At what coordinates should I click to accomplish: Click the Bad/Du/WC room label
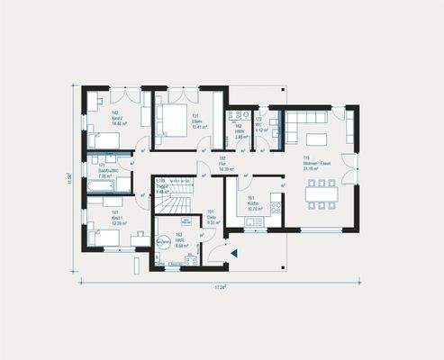coord(104,173)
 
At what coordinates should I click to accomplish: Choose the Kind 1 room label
coord(116,217)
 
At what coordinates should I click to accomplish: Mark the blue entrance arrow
coord(233,254)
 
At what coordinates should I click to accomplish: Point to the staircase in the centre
coord(176,198)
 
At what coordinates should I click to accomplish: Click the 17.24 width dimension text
coord(220,287)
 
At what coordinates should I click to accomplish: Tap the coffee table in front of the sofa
coord(317,139)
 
